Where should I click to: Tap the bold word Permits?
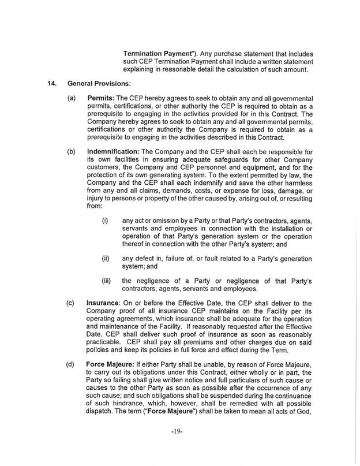coord(99,99)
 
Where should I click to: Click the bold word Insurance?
coord(103,303)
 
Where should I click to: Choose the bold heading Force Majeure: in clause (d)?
coord(112,364)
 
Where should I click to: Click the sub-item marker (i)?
coord(104,220)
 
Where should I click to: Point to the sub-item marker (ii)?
coord(105,258)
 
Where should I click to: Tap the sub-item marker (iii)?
coord(106,281)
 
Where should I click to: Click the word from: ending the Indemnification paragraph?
coord(94,205)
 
